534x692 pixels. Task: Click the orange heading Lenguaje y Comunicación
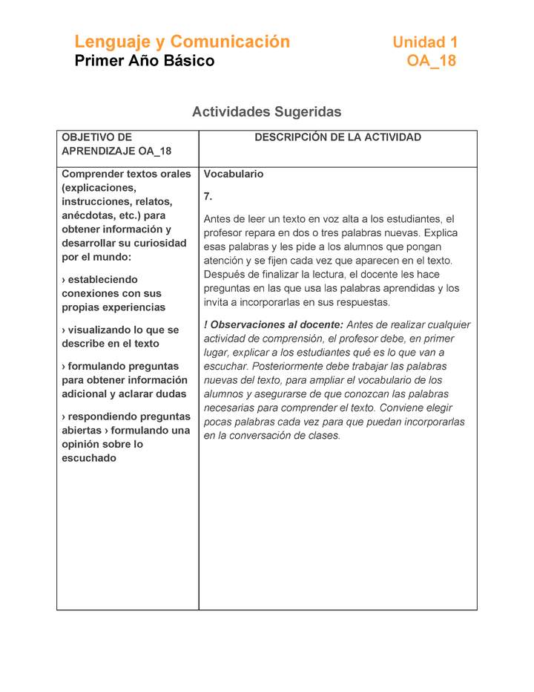182,42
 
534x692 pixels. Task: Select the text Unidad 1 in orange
425,42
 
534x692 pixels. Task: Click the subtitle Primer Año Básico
144,61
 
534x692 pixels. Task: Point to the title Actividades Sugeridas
266,112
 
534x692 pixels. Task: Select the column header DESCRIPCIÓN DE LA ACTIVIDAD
337,137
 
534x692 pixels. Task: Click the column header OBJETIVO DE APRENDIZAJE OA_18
116,144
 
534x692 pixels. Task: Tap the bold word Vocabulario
234,174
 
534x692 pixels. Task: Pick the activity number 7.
208,197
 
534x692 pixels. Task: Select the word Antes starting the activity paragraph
217,219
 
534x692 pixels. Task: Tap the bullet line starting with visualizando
120,336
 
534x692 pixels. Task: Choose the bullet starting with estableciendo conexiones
111,293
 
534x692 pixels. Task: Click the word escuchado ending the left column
89,458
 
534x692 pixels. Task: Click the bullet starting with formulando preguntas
123,380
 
